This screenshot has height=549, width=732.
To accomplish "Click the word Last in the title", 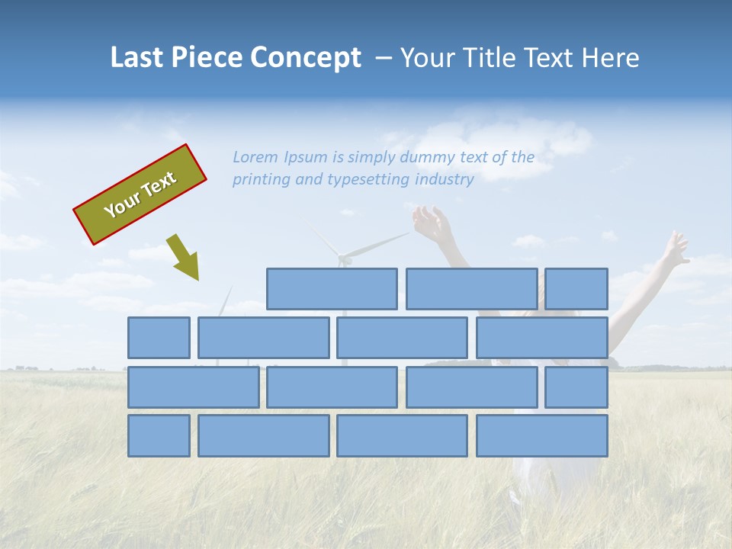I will click(x=137, y=58).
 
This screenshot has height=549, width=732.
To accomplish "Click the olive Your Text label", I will click(x=140, y=194).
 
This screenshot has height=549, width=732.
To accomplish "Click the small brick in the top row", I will click(x=576, y=289).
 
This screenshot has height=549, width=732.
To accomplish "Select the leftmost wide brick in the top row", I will click(x=332, y=289).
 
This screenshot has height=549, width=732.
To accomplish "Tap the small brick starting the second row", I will click(x=159, y=338).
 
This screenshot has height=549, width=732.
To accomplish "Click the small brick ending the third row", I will click(x=576, y=387).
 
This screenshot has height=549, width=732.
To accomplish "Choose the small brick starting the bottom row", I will click(x=159, y=436).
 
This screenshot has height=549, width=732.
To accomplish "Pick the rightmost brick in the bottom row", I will click(x=542, y=436).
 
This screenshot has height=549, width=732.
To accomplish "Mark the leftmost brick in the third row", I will click(x=193, y=387).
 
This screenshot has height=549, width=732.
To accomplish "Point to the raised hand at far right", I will click(x=676, y=249).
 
